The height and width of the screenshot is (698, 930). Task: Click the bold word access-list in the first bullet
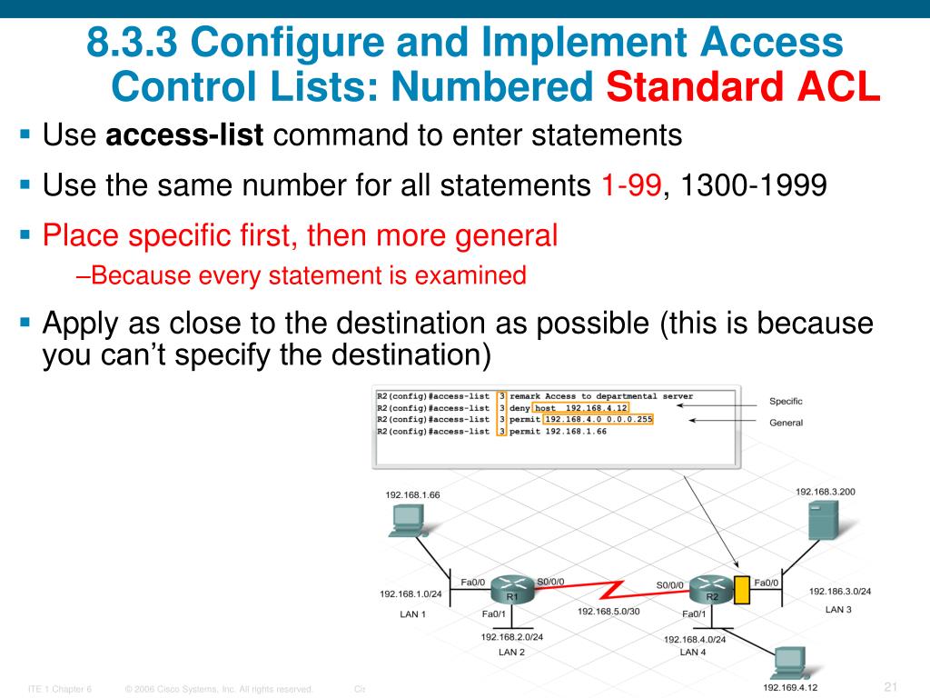point(184,136)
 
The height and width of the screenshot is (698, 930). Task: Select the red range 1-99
point(631,186)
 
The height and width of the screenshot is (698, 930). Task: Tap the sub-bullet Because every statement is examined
point(301,275)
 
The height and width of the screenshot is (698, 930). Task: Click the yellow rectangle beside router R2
point(741,591)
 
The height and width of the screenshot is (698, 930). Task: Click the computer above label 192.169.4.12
point(788,663)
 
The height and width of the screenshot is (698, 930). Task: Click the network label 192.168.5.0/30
point(608,612)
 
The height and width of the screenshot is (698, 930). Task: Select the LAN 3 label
point(838,609)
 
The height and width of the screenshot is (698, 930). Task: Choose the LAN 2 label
point(511,652)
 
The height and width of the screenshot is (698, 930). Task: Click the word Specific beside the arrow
point(786,402)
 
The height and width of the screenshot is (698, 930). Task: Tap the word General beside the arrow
point(786,423)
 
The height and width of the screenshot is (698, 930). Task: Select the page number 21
point(890,685)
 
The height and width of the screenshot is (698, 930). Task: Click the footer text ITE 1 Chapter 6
point(60,689)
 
